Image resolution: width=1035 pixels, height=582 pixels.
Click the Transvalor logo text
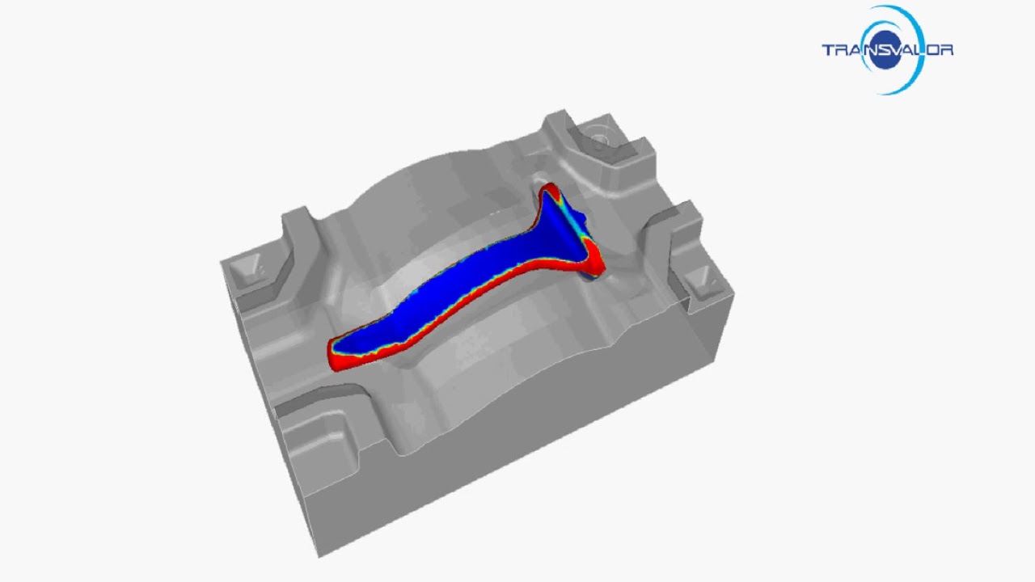click(x=887, y=50)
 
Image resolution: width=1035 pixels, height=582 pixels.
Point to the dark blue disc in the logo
click(x=886, y=50)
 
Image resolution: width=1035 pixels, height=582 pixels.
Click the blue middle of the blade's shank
click(x=453, y=291)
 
